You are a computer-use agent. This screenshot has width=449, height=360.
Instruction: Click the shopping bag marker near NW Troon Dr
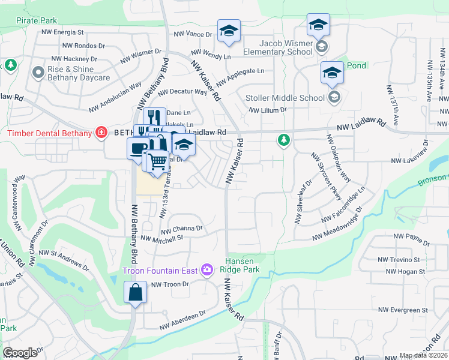pyautogui.click(x=136, y=293)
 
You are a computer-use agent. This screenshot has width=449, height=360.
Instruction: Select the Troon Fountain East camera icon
pyautogui.click(x=207, y=271)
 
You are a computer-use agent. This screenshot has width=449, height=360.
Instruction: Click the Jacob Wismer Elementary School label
pyautogui.click(x=286, y=47)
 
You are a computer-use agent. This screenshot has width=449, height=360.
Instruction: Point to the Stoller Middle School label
pyautogui.click(x=285, y=98)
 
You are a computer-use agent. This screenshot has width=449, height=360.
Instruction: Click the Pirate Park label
pyautogui.click(x=37, y=20)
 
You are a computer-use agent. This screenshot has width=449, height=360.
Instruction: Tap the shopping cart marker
pyautogui.click(x=157, y=161)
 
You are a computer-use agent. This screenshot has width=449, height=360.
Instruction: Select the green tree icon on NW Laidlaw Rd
pyautogui.click(x=283, y=140)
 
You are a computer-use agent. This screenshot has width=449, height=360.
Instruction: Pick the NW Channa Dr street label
pyautogui.click(x=182, y=229)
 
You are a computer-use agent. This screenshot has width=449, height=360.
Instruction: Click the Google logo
pyautogui.click(x=20, y=353)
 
